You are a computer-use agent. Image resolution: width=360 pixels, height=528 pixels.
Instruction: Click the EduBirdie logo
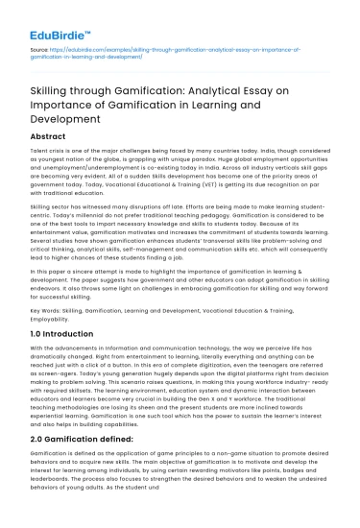(x=54, y=22)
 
